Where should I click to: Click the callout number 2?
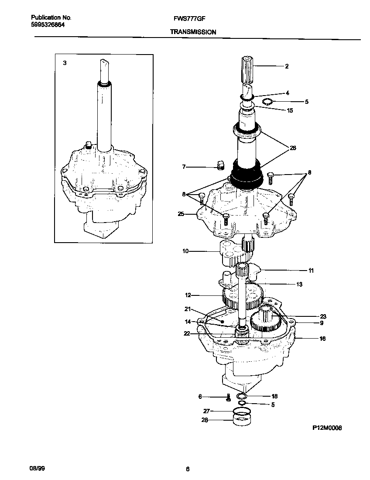(x=287, y=66)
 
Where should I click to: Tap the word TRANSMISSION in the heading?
(x=193, y=32)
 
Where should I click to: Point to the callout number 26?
(x=292, y=148)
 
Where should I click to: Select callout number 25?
(x=181, y=214)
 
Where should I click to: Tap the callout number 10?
(x=185, y=251)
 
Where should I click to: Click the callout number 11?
(x=311, y=271)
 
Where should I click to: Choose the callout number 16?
(x=322, y=339)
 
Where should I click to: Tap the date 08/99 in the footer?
(x=37, y=469)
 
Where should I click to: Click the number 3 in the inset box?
(x=65, y=63)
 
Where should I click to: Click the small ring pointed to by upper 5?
(x=267, y=102)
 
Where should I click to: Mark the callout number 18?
(x=274, y=397)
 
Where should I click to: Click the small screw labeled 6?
(x=228, y=397)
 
